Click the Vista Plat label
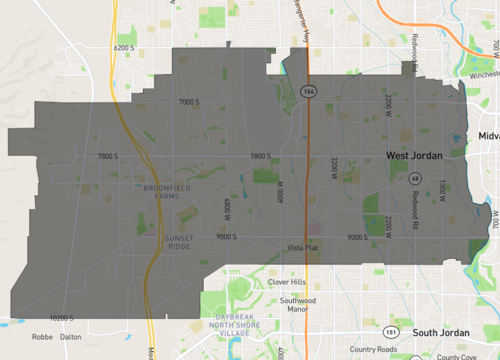coord(302,247)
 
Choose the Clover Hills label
coord(286,282)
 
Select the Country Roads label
coord(373,349)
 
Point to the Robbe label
coord(42,337)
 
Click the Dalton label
coord(70,337)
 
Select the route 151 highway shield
coord(387,331)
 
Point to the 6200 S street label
coord(124,47)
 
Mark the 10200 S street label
coord(62,318)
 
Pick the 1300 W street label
coord(441,187)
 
